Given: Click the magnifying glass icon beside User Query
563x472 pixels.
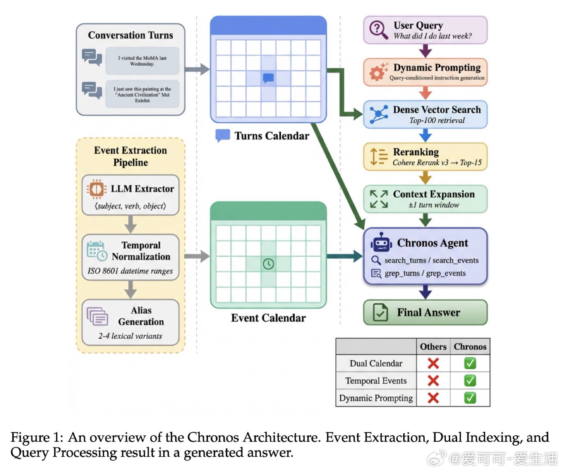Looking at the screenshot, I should (x=378, y=30).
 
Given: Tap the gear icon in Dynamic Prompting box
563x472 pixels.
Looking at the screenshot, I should (x=377, y=72).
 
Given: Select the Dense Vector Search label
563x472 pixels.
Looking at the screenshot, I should (x=437, y=110).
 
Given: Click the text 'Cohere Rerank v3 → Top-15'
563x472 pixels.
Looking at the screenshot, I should (x=437, y=163).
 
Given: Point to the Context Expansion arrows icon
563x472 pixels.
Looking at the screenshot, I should (x=379, y=199).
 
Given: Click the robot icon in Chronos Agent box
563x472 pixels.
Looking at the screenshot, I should (x=381, y=242).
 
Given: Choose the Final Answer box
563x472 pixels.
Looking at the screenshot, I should (x=425, y=312).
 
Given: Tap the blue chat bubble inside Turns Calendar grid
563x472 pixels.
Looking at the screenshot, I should (x=268, y=78).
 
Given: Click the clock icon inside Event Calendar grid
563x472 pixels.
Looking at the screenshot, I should (x=268, y=264).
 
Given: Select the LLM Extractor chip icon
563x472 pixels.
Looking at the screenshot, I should (x=96, y=189).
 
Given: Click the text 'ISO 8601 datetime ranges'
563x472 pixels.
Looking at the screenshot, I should (x=130, y=271).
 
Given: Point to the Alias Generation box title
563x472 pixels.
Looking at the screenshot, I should (x=141, y=316).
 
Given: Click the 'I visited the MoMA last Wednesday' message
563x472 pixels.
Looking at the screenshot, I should (x=142, y=61).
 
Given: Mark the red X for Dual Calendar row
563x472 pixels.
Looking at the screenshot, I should (x=433, y=363).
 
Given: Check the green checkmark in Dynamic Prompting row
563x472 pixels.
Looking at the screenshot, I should (x=470, y=398).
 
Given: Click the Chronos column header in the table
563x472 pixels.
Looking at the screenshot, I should (x=470, y=347).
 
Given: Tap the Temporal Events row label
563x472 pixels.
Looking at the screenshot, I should (x=376, y=381).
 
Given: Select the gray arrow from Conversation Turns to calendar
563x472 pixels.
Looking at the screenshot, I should (x=197, y=69).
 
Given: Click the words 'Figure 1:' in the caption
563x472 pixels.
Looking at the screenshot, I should (x=37, y=437).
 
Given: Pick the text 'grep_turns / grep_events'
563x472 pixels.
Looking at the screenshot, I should (x=425, y=274).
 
